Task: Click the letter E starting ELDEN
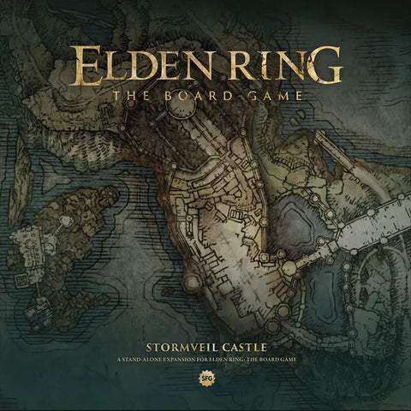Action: point(87,64)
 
